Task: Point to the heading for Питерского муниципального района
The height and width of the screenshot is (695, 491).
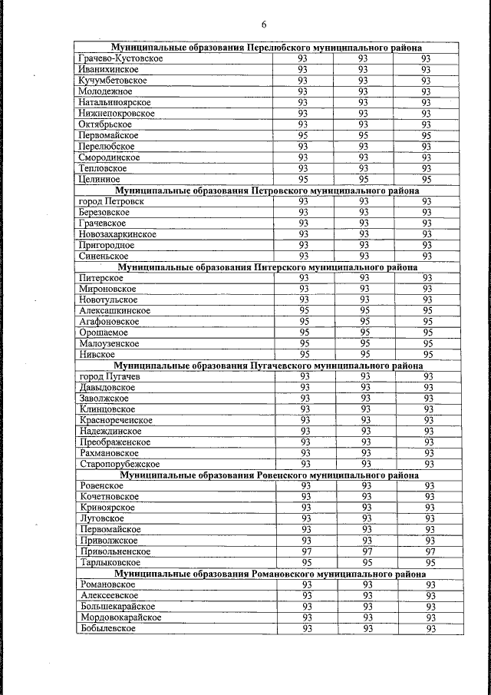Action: click(268, 267)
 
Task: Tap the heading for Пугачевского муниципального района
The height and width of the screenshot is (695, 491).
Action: click(269, 366)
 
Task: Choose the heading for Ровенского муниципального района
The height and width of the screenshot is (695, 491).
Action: click(269, 475)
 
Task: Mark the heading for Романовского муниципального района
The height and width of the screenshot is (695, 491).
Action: click(269, 574)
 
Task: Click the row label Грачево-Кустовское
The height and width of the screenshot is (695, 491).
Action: click(120, 58)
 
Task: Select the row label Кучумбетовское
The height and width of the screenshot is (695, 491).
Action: click(113, 81)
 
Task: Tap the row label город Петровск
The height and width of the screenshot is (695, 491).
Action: click(111, 201)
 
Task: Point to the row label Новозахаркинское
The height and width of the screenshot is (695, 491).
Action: click(117, 234)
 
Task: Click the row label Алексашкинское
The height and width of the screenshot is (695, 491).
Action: click(115, 311)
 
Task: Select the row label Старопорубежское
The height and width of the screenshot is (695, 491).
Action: click(120, 465)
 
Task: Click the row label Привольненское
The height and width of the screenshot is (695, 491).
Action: click(116, 552)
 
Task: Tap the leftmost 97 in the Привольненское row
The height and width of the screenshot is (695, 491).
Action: click(305, 552)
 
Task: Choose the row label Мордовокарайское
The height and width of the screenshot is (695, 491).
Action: click(120, 617)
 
